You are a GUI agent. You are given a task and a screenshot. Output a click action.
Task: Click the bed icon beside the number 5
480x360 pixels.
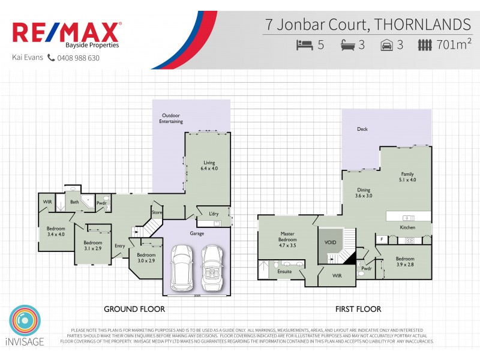305,44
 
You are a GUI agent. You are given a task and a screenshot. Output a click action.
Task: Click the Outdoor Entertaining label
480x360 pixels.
171,118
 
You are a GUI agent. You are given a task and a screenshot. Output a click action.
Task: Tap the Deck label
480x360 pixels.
362,129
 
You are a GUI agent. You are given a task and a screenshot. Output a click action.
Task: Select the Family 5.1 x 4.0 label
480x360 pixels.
407,176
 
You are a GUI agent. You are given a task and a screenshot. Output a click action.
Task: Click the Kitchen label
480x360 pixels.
407,228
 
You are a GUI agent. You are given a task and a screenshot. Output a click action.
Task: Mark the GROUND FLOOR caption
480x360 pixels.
134,309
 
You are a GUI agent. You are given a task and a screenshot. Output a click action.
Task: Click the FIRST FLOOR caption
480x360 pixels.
358,309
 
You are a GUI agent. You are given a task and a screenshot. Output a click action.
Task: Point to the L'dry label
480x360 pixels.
213,214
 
